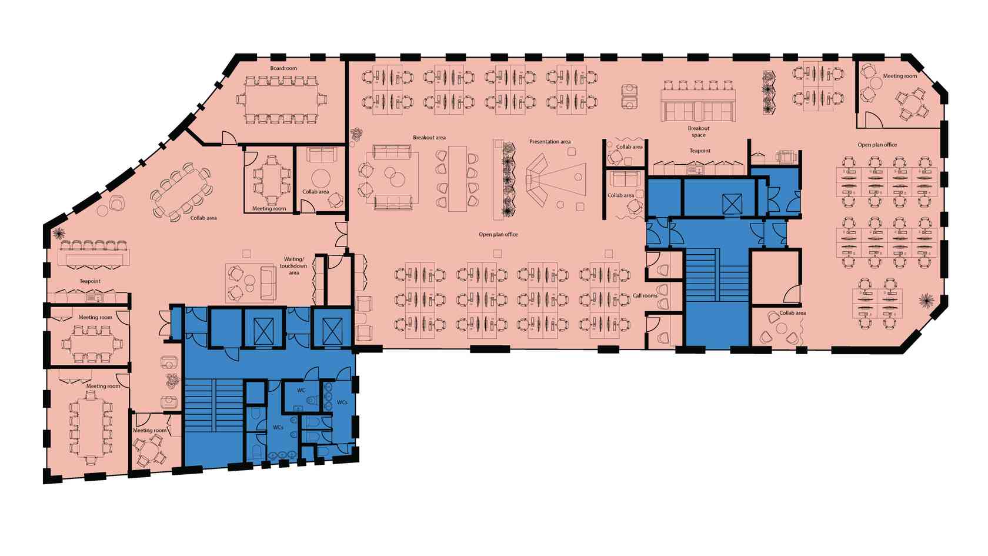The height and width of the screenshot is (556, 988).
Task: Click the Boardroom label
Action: click(283, 68)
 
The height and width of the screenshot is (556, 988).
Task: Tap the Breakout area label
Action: click(429, 138)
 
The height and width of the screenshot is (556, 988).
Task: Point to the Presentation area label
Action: click(549, 142)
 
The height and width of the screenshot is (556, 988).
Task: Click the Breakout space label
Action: click(699, 132)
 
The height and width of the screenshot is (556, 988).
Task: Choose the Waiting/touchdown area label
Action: click(293, 266)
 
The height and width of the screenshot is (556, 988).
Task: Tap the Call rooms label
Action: click(645, 295)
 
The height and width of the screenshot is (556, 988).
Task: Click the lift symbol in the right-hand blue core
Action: click(732, 204)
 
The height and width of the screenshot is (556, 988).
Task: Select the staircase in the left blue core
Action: click(214, 405)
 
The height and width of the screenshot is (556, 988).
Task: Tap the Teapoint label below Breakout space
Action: click(700, 151)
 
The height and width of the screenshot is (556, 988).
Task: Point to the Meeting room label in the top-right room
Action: click(900, 76)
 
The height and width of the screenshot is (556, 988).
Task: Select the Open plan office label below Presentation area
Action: click(499, 234)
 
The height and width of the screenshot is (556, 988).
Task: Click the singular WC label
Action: click(301, 391)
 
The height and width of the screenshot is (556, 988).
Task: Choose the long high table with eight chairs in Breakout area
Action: click(458, 179)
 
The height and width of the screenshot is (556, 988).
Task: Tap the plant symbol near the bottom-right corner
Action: click(926, 301)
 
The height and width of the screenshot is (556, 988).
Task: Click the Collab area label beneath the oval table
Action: click(203, 218)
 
